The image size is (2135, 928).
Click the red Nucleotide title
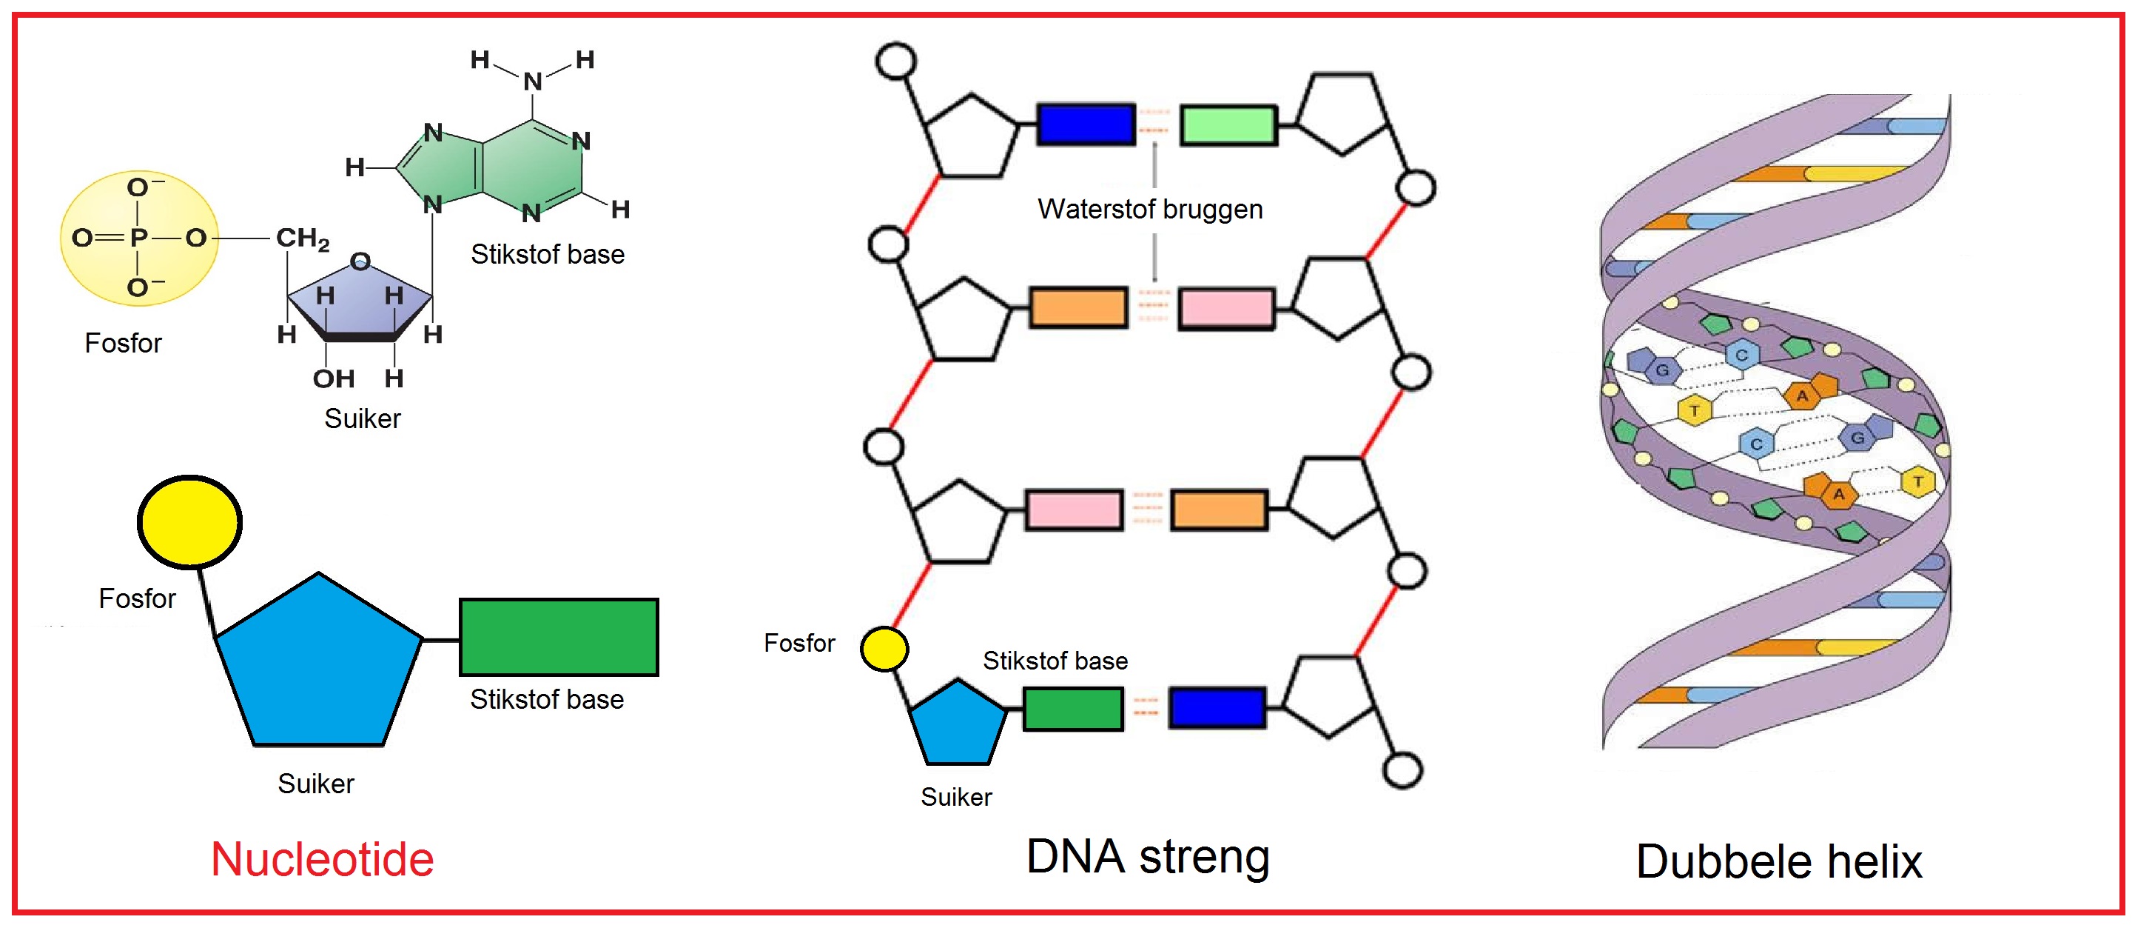322,859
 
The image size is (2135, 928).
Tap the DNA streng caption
1147,857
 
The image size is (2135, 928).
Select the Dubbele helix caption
1778,861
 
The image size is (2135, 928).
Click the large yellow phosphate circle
189,522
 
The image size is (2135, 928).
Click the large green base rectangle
559,637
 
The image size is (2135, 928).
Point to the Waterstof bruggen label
1149,209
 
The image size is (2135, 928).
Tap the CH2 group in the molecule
302,238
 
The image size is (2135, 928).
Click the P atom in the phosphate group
138,238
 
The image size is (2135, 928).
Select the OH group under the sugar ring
333,379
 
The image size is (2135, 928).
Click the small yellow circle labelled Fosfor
884,650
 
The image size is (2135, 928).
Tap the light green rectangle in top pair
1228,125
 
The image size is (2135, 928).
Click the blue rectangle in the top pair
1086,124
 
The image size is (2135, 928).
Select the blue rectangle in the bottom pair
1217,707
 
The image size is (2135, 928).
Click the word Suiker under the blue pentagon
316,784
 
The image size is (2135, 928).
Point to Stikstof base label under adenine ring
547,255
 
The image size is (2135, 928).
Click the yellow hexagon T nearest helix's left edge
1694,410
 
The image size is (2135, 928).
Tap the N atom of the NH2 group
533,81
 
